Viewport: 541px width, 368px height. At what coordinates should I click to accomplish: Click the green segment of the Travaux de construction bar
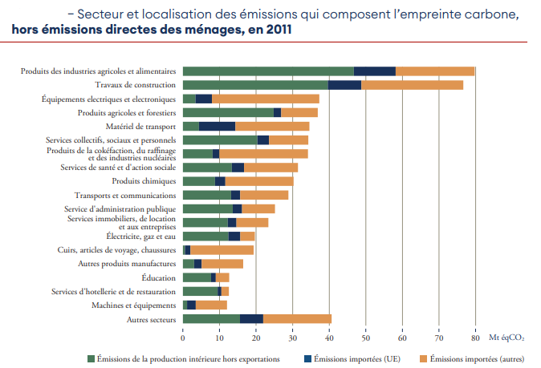[x=255, y=85]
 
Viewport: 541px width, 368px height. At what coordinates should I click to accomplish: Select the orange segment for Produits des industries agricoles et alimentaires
[x=435, y=71]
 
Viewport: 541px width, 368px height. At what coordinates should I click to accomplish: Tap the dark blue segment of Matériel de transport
[x=217, y=126]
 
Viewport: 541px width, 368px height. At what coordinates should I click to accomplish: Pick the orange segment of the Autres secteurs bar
[x=297, y=319]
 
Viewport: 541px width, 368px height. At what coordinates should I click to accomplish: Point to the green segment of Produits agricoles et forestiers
[x=228, y=112]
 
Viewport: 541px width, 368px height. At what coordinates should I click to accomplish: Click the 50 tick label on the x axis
[x=366, y=338]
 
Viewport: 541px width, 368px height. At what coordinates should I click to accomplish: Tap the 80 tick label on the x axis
[x=475, y=338]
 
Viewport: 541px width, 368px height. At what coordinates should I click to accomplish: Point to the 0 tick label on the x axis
[x=183, y=338]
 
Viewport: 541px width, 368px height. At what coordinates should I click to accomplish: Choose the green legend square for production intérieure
[x=91, y=358]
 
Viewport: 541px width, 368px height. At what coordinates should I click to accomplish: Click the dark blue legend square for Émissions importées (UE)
[x=308, y=358]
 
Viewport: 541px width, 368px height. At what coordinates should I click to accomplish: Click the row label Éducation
[x=158, y=278]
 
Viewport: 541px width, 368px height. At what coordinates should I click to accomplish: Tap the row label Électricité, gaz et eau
[x=140, y=237]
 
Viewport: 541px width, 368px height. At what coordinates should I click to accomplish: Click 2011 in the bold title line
[x=275, y=30]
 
